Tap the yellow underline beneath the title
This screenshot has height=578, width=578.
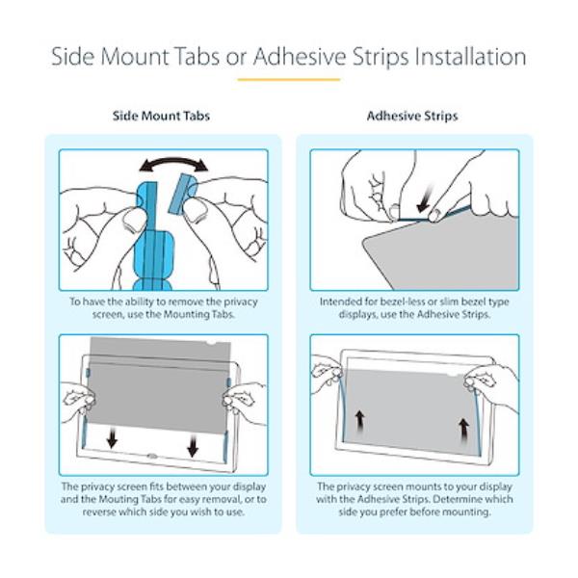(289, 79)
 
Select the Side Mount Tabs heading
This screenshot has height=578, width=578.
(161, 116)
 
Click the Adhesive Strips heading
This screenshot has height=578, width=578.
(412, 116)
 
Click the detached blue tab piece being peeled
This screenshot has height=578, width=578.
(183, 194)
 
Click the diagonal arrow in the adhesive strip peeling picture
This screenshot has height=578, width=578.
(425, 199)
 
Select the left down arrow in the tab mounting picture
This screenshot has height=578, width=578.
(112, 437)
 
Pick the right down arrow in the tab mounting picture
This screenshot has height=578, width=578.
(193, 446)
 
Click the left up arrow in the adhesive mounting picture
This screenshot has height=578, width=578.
(359, 422)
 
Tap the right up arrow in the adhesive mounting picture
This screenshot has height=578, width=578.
(463, 430)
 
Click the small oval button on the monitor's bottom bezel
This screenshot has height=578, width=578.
(151, 456)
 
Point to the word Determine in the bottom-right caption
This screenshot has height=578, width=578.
(457, 499)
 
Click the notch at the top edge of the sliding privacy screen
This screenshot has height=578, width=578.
(210, 344)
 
